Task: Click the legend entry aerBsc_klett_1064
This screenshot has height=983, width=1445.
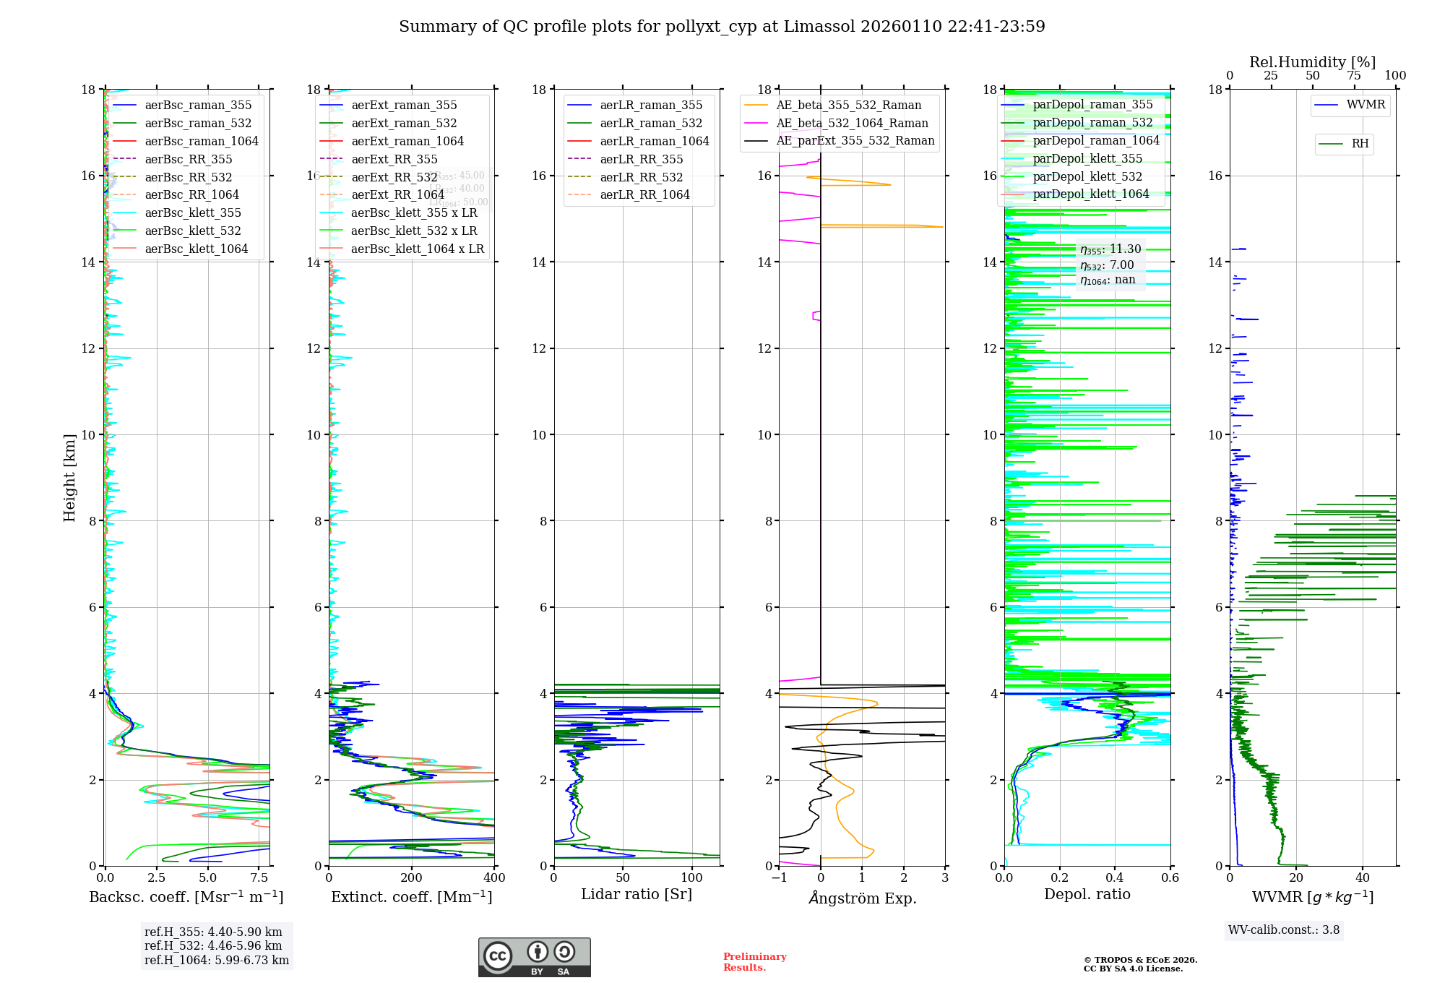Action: pyautogui.click(x=196, y=249)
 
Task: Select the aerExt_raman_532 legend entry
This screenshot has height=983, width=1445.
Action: pyautogui.click(x=404, y=123)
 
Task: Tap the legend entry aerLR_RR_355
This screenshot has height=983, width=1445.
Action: pyautogui.click(x=641, y=159)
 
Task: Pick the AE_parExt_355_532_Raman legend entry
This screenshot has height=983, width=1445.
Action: pyautogui.click(x=855, y=140)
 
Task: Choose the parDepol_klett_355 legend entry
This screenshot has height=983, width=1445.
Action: pyautogui.click(x=1087, y=158)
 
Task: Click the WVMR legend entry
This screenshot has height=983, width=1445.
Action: pyautogui.click(x=1366, y=105)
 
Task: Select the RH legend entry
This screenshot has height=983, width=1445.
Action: pyautogui.click(x=1360, y=144)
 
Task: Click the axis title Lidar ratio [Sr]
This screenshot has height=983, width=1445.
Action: pyautogui.click(x=637, y=894)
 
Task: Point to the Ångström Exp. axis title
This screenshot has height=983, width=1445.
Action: pyautogui.click(x=863, y=898)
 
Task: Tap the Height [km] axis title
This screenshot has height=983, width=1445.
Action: pyautogui.click(x=69, y=477)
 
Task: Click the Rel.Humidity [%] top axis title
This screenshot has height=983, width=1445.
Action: pyautogui.click(x=1312, y=62)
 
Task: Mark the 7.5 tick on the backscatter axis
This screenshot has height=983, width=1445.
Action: pyautogui.click(x=259, y=878)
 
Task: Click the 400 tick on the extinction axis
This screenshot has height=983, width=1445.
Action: pyautogui.click(x=494, y=878)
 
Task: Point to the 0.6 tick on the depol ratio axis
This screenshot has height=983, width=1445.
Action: pyautogui.click(x=1170, y=878)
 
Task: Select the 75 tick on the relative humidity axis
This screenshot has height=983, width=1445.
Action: pyautogui.click(x=1353, y=76)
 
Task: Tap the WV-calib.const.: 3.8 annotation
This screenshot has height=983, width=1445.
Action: pyautogui.click(x=1284, y=930)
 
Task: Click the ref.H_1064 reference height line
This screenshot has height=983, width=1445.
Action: pyautogui.click(x=216, y=961)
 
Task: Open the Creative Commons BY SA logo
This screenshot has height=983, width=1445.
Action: pyautogui.click(x=534, y=958)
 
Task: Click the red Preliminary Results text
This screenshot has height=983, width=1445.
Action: pyautogui.click(x=754, y=962)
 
